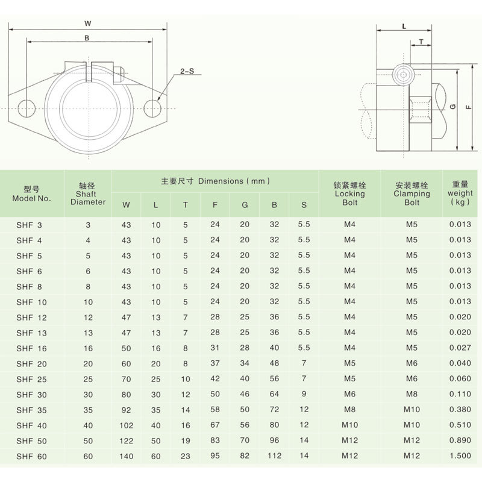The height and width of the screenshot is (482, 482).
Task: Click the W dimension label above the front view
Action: (88, 23)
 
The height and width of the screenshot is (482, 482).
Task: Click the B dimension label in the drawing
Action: (88, 38)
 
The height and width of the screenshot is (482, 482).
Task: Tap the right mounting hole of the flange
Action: (152, 108)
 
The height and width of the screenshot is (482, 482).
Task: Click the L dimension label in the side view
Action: (404, 27)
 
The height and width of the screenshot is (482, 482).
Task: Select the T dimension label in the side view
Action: (421, 42)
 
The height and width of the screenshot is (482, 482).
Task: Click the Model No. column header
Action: (32, 193)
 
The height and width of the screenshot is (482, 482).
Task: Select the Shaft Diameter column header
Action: (88, 193)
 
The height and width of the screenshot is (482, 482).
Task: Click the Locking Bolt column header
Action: (349, 193)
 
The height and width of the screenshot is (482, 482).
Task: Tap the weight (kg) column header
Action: (460, 193)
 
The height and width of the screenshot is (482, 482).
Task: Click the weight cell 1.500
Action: (460, 456)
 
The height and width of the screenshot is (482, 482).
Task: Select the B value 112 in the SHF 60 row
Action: (274, 456)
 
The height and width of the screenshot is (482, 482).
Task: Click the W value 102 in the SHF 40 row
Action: (126, 425)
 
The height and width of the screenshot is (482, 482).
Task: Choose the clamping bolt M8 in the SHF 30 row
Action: (411, 395)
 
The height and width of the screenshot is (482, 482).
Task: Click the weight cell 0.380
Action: (460, 410)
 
